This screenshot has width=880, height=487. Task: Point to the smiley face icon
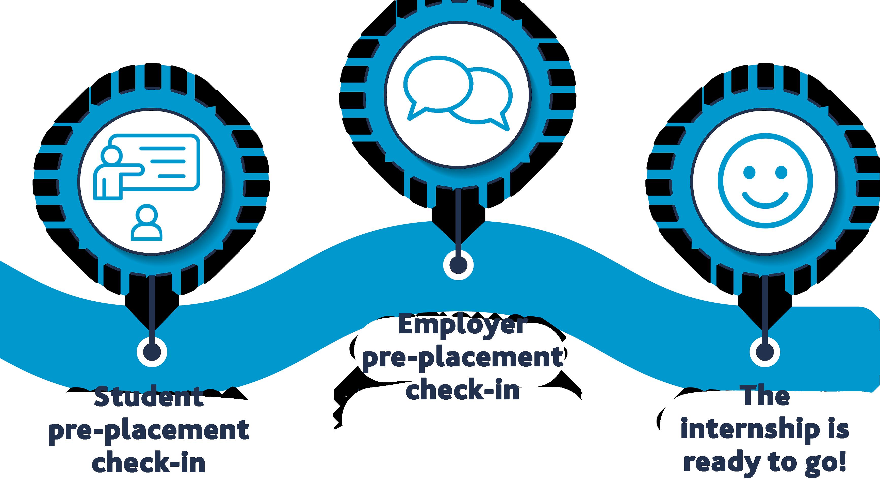coord(765,181)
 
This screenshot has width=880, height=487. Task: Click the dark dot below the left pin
coord(152,352)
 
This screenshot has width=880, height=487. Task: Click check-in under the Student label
coord(149,463)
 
